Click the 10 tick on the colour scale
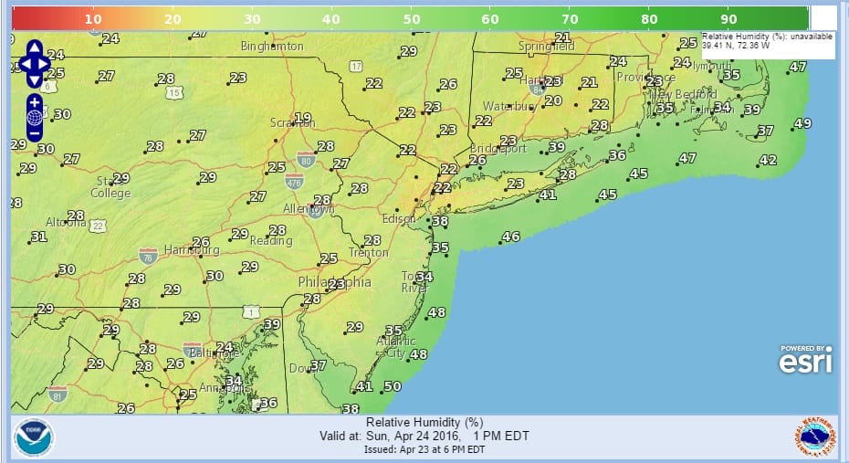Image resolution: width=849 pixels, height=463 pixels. (92, 18)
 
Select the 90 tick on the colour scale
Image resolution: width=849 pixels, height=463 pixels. (728, 18)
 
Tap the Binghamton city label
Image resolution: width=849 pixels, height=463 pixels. (272, 46)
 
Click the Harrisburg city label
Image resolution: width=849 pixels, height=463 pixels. (192, 250)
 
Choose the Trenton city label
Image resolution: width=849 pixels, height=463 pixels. (368, 253)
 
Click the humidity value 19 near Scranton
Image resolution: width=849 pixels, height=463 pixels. (303, 119)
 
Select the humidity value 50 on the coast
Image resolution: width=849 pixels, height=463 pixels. (393, 387)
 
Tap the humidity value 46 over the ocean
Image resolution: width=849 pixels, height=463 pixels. (511, 237)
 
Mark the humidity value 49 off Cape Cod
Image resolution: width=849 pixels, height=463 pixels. (802, 124)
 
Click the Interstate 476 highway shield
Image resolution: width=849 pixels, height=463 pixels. (294, 181)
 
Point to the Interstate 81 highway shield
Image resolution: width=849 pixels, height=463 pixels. (58, 395)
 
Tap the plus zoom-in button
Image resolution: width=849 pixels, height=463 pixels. (35, 101)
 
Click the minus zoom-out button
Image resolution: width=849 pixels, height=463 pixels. (35, 133)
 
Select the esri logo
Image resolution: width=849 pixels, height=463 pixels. (805, 359)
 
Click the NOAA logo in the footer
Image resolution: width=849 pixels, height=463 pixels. (34, 437)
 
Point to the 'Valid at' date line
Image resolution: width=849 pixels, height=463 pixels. (424, 437)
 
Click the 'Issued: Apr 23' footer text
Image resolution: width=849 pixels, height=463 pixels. (424, 449)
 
